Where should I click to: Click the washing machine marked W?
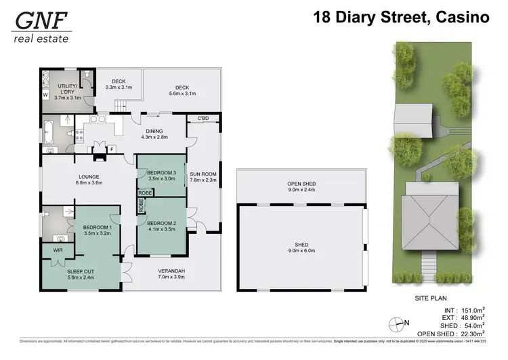[45, 95]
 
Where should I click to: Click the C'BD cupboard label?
[203, 120]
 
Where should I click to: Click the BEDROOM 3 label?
[161, 175]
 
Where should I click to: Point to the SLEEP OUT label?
[80, 273]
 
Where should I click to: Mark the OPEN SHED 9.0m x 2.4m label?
[301, 186]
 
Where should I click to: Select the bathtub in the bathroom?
[51, 130]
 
